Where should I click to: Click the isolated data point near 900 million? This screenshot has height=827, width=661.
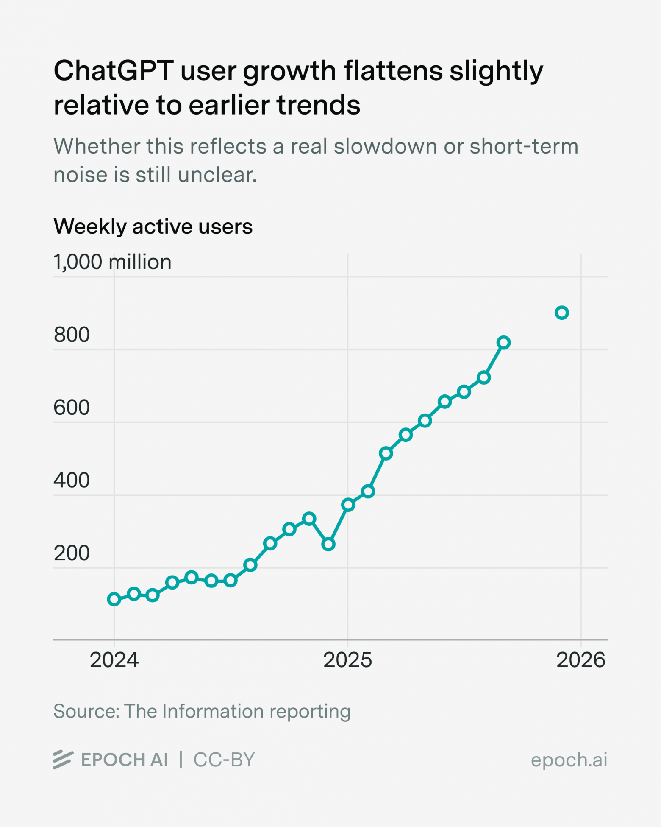(561, 313)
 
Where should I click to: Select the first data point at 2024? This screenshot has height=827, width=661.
(114, 599)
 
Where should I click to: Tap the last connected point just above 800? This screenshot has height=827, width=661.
(503, 343)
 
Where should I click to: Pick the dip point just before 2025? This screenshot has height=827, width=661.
(328, 544)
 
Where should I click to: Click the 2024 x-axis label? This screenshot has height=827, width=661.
(114, 660)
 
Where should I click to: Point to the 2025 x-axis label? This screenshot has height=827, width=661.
(347, 660)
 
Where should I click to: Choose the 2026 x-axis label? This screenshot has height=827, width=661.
(580, 660)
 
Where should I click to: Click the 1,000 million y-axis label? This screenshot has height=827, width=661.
(112, 262)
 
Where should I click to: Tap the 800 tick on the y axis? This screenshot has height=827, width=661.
(72, 335)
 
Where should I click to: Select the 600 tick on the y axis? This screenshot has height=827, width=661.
(72, 408)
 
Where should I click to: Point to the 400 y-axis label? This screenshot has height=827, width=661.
(72, 481)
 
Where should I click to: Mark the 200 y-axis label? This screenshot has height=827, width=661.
(72, 553)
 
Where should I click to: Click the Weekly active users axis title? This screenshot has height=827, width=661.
(153, 226)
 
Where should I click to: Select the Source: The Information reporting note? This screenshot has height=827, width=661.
(202, 711)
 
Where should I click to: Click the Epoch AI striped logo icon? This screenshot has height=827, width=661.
(63, 760)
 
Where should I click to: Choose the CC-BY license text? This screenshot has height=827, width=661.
(224, 760)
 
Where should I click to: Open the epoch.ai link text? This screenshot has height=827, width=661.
(569, 760)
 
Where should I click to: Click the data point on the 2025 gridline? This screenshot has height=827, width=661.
(348, 505)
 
